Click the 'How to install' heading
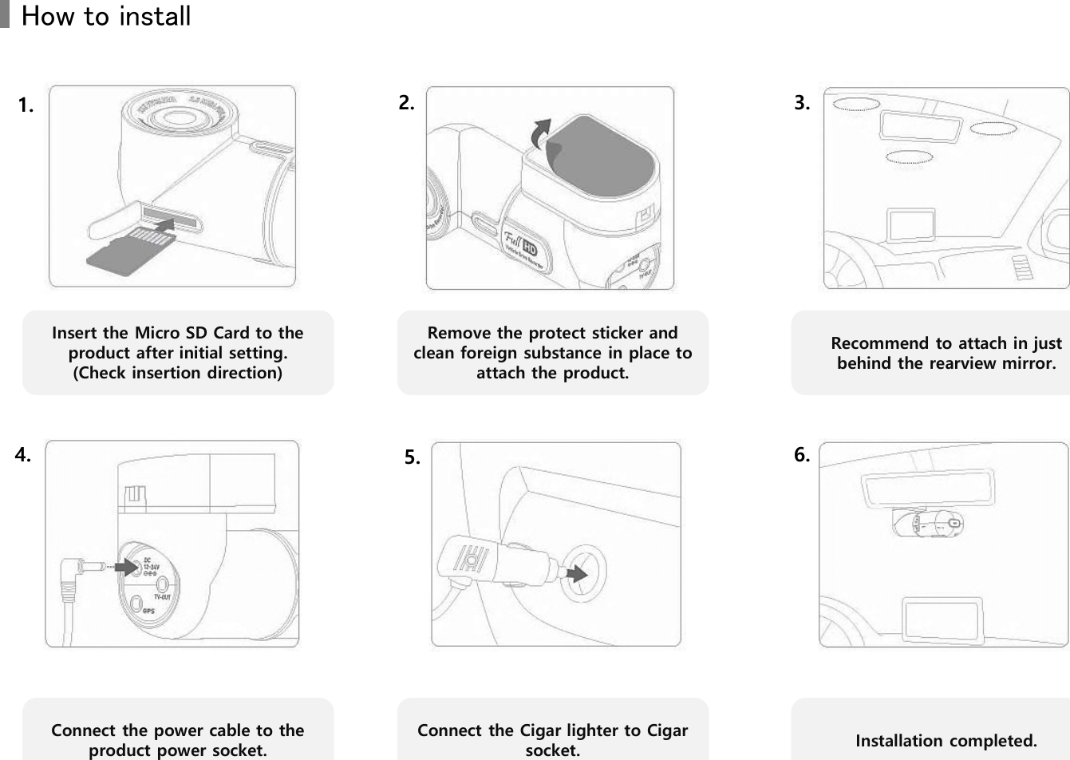[x=105, y=16]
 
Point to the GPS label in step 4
[x=148, y=611]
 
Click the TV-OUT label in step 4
[x=163, y=596]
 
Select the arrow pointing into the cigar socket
[x=574, y=572]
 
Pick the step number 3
[x=802, y=102]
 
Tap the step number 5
[x=411, y=457]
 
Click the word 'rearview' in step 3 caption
[x=957, y=364]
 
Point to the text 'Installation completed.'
[x=946, y=741]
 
